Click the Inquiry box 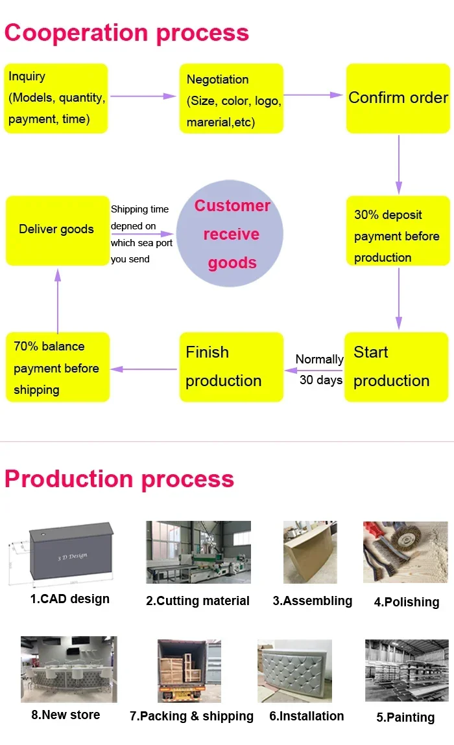click(x=56, y=98)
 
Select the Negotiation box click(x=232, y=98)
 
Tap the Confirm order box click(x=398, y=98)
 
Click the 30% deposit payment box click(x=398, y=231)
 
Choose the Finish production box click(x=232, y=367)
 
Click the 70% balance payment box click(x=57, y=367)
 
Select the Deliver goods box click(x=58, y=230)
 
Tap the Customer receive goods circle click(x=231, y=234)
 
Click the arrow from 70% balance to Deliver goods click(x=58, y=301)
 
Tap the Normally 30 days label click(x=319, y=369)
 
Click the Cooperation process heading click(x=127, y=32)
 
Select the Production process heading click(x=119, y=479)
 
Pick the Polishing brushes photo click(x=405, y=552)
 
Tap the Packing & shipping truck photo click(x=189, y=670)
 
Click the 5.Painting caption click(x=405, y=717)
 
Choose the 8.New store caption click(x=66, y=715)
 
